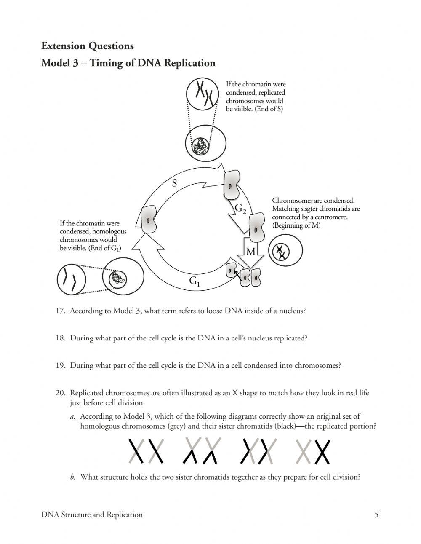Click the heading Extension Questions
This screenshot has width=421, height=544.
[87, 46]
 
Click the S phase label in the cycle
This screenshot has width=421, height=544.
[175, 183]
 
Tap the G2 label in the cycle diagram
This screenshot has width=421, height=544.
[240, 208]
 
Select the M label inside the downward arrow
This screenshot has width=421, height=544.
[250, 252]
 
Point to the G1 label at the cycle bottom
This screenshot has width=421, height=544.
[194, 281]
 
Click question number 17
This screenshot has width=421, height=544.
[60, 311]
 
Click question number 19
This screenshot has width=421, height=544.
[60, 366]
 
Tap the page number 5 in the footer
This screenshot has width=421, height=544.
[376, 515]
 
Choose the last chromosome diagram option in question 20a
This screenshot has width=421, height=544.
[312, 451]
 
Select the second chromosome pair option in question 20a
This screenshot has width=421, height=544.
[203, 451]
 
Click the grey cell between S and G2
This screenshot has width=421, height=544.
[231, 185]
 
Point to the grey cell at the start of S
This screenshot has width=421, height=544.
[149, 220]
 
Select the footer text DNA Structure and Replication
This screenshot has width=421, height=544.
[92, 515]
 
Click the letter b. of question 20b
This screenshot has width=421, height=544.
[72, 477]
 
